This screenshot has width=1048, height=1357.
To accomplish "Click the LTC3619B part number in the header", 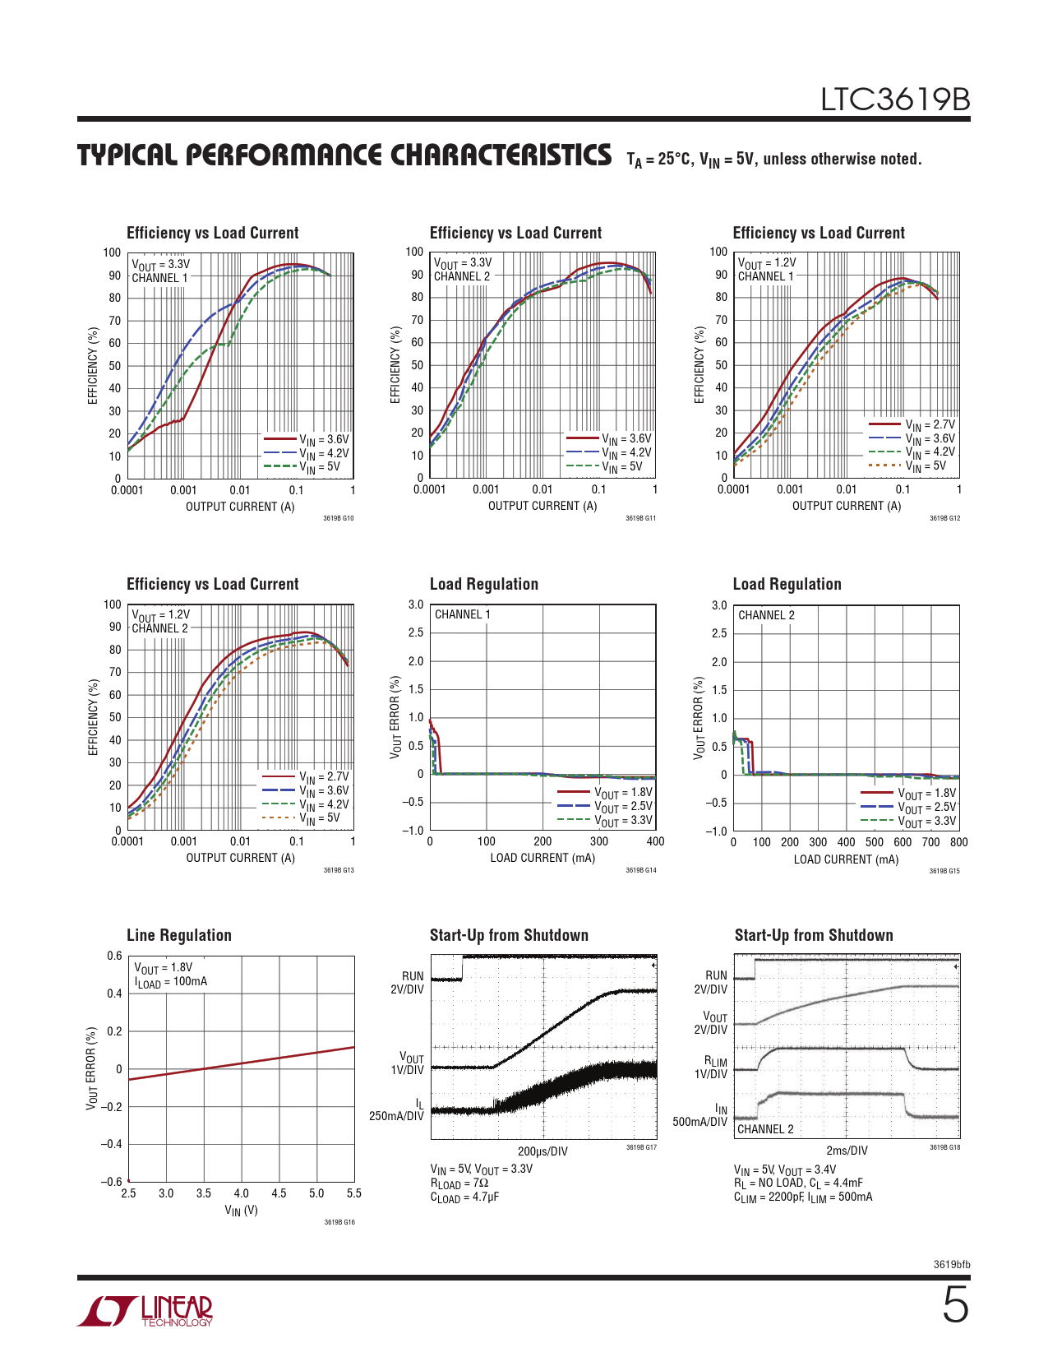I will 895,100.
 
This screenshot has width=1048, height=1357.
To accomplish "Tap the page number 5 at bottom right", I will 955,1305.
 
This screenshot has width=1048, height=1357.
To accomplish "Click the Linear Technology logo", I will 145,1311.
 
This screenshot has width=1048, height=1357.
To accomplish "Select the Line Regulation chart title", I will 179,935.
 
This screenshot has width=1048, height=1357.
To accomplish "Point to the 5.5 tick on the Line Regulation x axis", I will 353,1193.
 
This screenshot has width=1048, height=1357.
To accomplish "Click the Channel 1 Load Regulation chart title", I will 484,584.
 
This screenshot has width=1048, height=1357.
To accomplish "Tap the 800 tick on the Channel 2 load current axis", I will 958,842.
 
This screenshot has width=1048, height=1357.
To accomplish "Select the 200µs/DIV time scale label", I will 542,1151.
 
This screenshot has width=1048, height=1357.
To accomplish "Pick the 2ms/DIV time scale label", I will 847,1151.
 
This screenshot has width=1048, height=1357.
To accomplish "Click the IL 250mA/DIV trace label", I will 397,1109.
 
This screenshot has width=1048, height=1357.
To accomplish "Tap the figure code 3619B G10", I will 338,518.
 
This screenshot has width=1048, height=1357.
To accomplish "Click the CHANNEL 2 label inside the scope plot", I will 765,1129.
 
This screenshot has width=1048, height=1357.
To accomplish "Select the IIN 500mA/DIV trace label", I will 700,1115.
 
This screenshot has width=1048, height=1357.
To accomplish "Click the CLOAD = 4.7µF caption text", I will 464,1197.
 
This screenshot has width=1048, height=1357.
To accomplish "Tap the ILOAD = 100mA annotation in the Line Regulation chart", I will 171,982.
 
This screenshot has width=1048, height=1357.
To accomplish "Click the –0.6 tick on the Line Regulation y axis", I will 111,1182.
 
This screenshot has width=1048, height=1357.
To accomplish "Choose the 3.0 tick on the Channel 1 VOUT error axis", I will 416,604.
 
